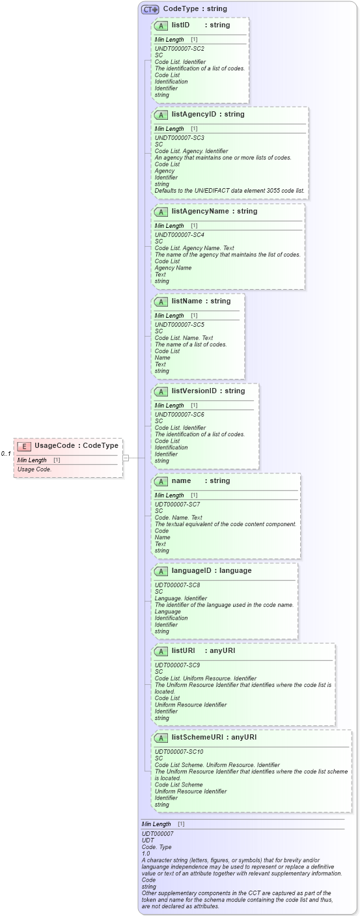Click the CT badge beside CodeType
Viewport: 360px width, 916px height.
[x=150, y=10]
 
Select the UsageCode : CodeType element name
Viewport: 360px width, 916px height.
[x=76, y=446]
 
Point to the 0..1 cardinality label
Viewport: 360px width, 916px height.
[x=6, y=454]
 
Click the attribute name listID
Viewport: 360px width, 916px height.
[x=180, y=25]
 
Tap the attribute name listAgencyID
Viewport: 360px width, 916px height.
[x=195, y=115]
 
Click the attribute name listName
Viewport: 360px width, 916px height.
[x=187, y=301]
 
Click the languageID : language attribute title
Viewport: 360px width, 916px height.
[x=202, y=571]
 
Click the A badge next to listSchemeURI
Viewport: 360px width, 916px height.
[x=161, y=738]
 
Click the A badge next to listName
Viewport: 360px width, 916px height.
[x=161, y=301]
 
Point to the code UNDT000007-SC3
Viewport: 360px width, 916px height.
[x=179, y=138]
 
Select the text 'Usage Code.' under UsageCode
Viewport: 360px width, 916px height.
[x=35, y=469]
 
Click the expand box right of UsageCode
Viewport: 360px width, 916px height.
[x=126, y=458]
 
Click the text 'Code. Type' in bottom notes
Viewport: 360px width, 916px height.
[x=156, y=847]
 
